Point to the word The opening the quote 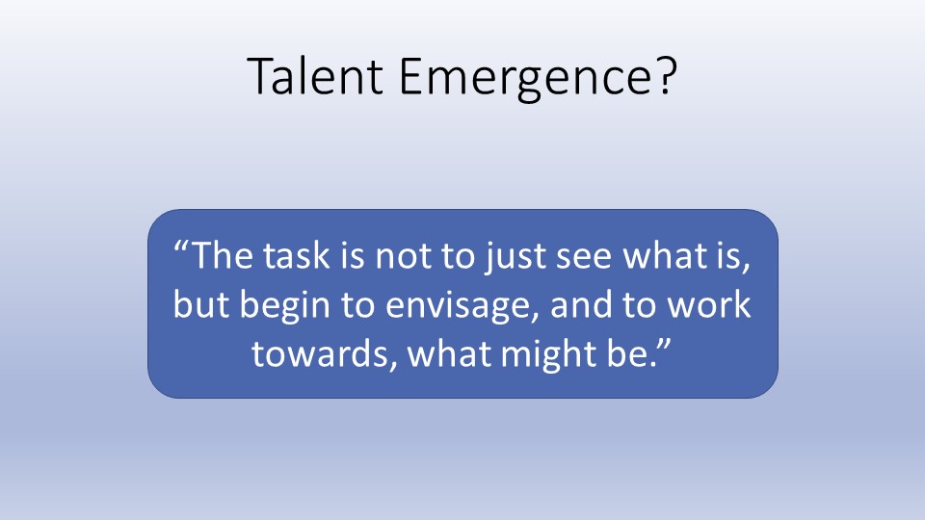(222, 255)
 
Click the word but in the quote (200, 304)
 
